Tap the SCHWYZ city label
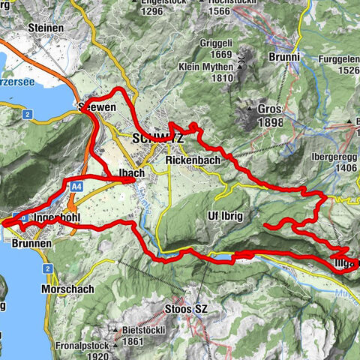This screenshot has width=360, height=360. [x=157, y=138]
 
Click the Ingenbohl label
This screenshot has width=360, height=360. [x=57, y=218]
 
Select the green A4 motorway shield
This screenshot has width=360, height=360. [x=77, y=184]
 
